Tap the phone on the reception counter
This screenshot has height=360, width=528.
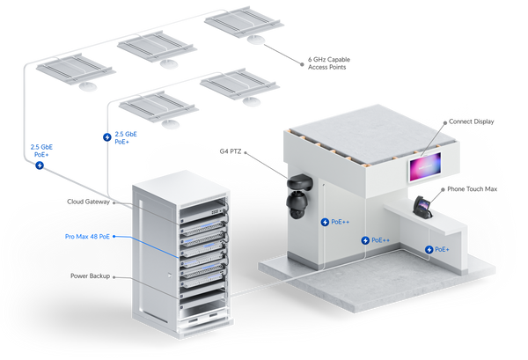click(422, 207)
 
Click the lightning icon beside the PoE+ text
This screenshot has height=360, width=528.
click(429, 250)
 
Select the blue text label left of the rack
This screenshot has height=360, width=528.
click(85, 236)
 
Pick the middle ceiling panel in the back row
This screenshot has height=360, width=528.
click(154, 47)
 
